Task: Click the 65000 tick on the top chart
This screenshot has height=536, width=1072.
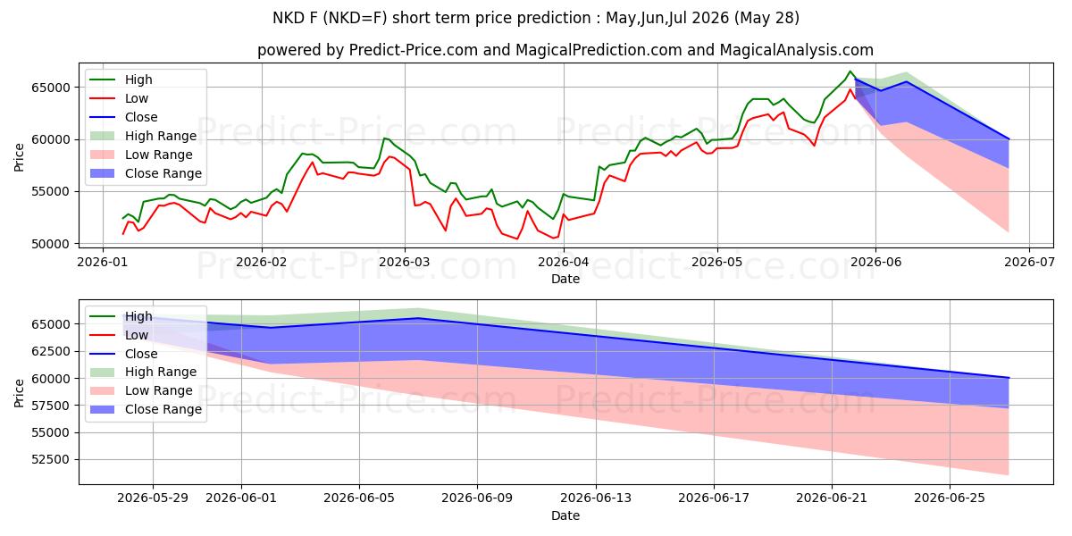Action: coord(50,88)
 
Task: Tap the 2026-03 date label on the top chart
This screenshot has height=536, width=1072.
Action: coord(405,262)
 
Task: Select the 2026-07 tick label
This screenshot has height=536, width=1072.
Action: coord(1029,262)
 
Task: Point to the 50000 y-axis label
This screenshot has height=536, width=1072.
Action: coord(50,244)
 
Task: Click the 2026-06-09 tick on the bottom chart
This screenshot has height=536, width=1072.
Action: coord(477,498)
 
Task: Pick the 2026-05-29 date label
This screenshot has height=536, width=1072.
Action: coord(153,498)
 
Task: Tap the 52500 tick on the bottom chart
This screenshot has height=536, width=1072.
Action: coord(50,460)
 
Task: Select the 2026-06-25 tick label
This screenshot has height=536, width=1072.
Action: coord(950,498)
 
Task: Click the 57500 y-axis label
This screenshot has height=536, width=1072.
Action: coord(50,406)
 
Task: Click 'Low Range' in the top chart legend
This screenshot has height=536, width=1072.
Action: coord(158,155)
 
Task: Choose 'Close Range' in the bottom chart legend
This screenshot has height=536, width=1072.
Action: coord(163,410)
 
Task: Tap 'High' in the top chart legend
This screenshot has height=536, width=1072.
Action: coord(138,80)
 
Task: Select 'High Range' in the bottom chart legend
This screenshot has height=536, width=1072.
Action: coord(161,372)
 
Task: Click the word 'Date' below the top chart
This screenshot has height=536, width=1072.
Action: coord(565,279)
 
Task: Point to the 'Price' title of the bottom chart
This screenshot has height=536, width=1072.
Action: coord(19,393)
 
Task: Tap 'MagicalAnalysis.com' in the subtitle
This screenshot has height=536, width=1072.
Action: coord(796,50)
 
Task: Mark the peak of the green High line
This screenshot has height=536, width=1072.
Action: coord(850,71)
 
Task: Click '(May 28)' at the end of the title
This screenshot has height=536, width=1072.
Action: coord(766,18)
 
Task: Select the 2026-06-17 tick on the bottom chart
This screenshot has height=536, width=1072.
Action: coord(714,498)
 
